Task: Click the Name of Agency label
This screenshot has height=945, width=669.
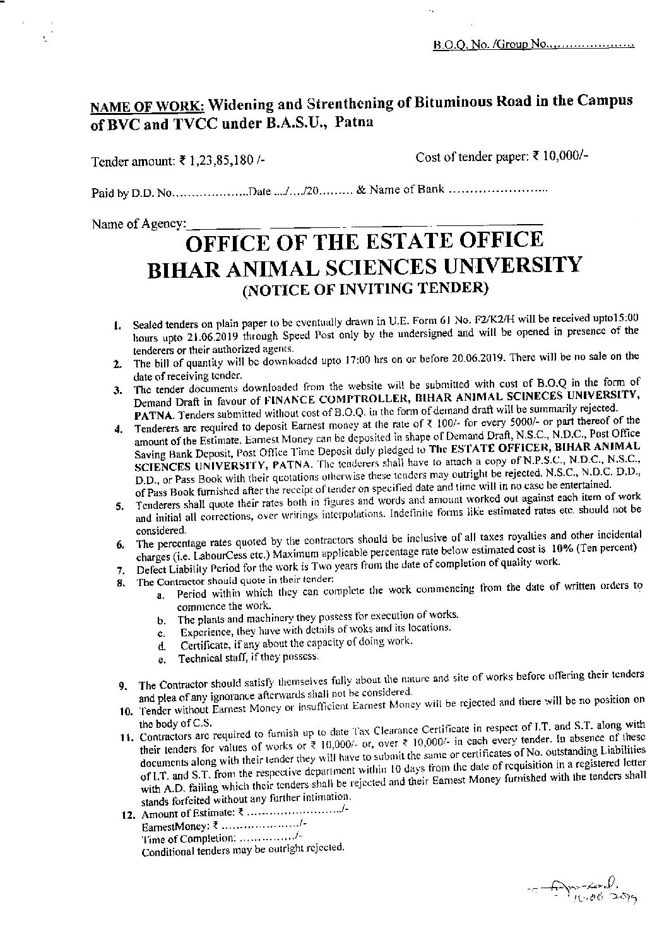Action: coord(139,223)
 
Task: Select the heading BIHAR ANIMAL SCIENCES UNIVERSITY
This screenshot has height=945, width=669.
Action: coord(363,265)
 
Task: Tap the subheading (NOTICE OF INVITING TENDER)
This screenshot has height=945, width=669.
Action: coord(365,289)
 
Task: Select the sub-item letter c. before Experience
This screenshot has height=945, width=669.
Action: coord(162,633)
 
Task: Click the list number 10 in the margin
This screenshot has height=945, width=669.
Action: coord(124,711)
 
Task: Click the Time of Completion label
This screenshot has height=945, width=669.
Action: coord(188,839)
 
